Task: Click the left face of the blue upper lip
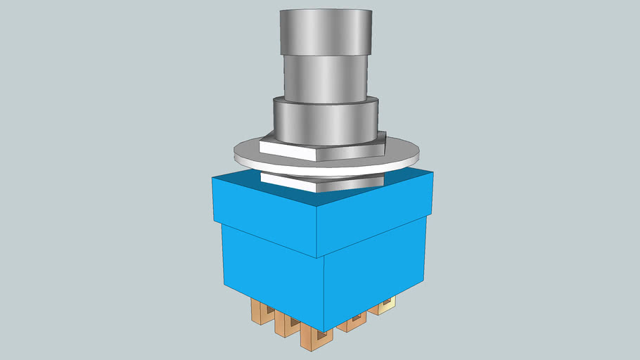264,218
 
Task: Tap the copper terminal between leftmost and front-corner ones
286,323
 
